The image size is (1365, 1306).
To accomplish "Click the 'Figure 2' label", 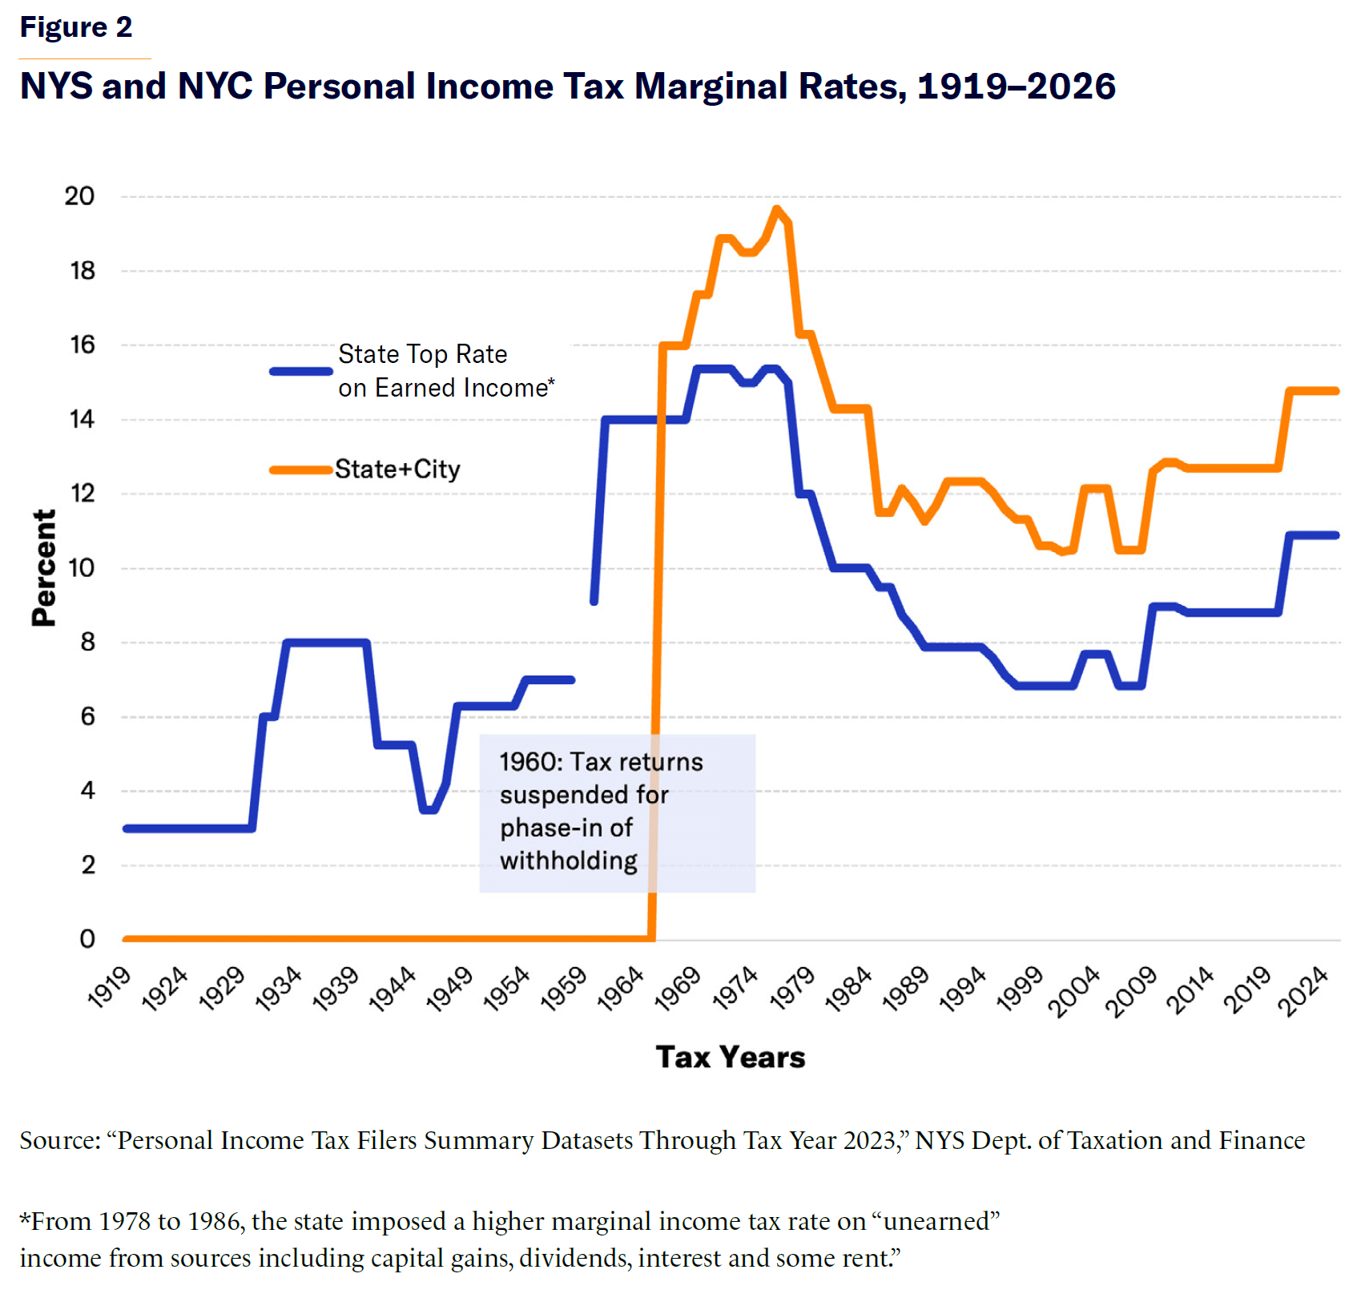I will pyautogui.click(x=75, y=27).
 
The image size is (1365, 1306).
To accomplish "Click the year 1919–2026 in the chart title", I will pyautogui.click(x=1016, y=87).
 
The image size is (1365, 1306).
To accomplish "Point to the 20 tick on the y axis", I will pyautogui.click(x=79, y=196).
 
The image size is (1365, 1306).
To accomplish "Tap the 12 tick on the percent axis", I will pyautogui.click(x=82, y=494).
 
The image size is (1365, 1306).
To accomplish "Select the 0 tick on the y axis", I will pyautogui.click(x=87, y=939).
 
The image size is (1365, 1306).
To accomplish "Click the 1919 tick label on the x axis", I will pyautogui.click(x=109, y=987).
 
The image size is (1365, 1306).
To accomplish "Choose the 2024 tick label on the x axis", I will pyautogui.click(x=1303, y=991).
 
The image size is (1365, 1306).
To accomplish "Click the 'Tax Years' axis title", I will pyautogui.click(x=730, y=1058).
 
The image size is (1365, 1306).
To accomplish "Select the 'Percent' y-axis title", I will pyautogui.click(x=44, y=567).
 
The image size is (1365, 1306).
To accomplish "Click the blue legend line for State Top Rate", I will pyautogui.click(x=301, y=371).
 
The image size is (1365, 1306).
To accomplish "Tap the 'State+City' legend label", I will pyautogui.click(x=397, y=470).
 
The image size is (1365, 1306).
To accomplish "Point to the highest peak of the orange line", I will pyautogui.click(x=775, y=209).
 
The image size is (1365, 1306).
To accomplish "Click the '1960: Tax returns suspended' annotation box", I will pyautogui.click(x=617, y=812).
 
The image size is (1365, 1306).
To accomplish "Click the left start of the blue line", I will pyautogui.click(x=127, y=828).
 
